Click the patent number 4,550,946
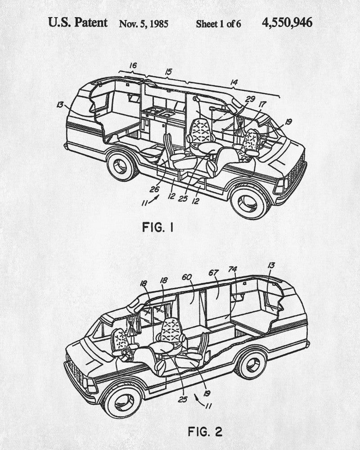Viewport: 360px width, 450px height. click(287, 22)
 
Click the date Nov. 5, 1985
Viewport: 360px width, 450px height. click(144, 23)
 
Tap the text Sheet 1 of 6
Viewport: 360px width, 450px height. click(218, 24)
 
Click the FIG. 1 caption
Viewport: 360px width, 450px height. click(157, 227)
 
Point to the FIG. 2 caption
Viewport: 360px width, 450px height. click(205, 432)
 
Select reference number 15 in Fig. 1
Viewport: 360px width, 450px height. click(168, 72)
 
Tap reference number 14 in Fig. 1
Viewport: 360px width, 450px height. click(234, 82)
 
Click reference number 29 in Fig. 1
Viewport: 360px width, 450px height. click(251, 99)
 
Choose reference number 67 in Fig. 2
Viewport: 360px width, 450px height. click(213, 273)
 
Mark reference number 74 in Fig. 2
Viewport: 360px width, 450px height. click(232, 270)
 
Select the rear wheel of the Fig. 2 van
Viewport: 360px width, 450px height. click(251, 364)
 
